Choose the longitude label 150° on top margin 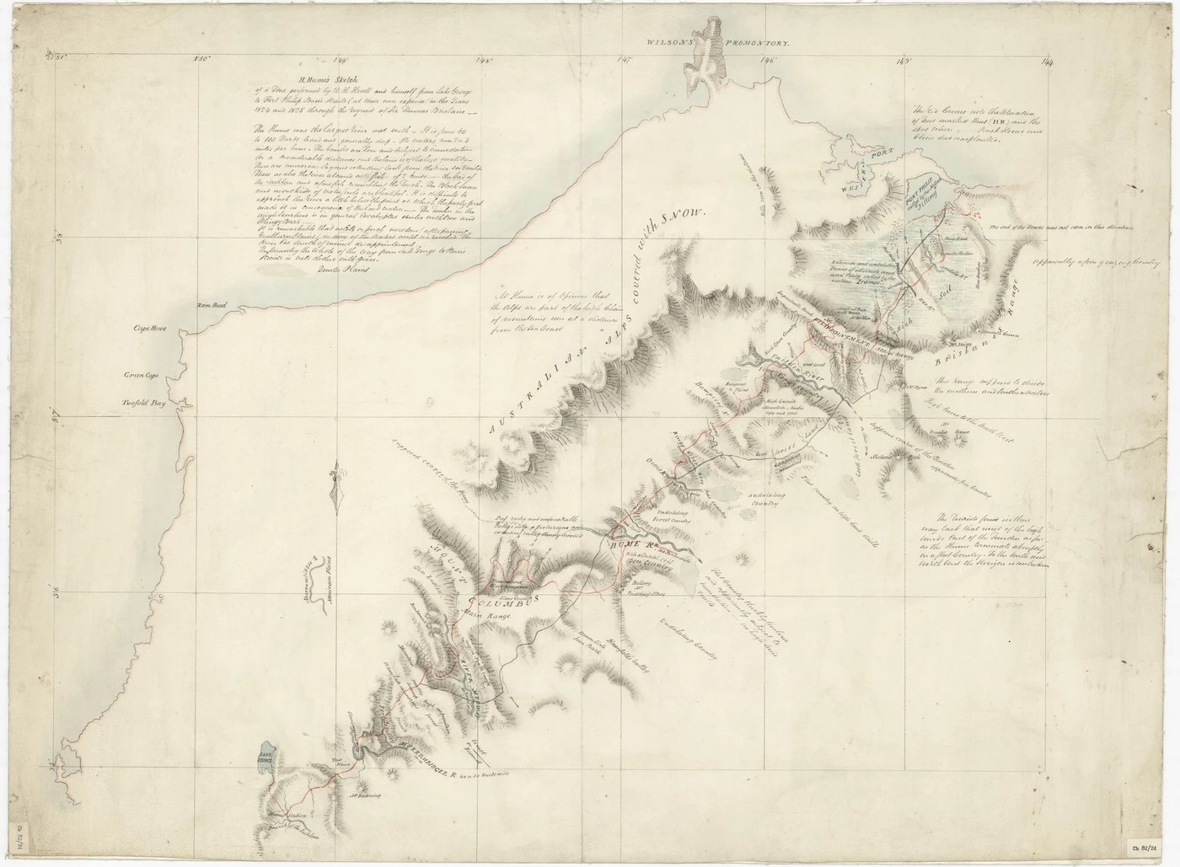[x=201, y=59]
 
